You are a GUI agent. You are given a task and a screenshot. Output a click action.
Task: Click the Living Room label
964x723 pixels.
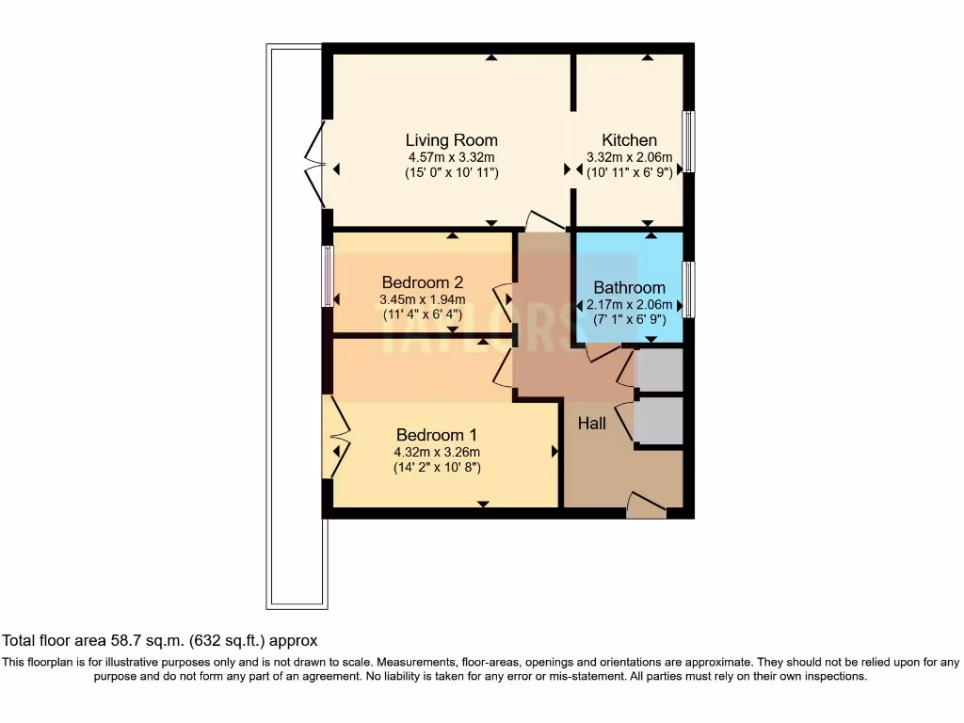click(451, 140)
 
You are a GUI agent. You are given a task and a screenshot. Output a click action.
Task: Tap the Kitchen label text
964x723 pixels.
click(629, 140)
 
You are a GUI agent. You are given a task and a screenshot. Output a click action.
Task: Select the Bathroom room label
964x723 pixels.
click(629, 288)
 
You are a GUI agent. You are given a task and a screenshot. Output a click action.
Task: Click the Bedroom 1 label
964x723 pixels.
click(437, 435)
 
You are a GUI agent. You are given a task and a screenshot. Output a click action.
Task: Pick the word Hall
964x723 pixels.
click(592, 424)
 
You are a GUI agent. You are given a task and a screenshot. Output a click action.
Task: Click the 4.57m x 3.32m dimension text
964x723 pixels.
click(451, 157)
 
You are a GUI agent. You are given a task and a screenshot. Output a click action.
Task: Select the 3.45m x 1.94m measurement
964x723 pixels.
click(423, 299)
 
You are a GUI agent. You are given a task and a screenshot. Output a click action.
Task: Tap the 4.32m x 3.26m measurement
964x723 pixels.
click(437, 452)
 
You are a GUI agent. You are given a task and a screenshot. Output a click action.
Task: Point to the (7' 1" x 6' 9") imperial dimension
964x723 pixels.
click(629, 320)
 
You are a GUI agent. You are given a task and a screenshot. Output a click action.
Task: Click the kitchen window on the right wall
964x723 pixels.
click(689, 141)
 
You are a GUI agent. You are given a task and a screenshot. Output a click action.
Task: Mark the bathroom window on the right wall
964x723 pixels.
click(689, 290)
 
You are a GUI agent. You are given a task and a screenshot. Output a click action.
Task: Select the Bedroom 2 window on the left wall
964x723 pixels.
click(328, 276)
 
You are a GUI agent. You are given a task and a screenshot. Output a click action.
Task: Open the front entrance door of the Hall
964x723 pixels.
click(646, 506)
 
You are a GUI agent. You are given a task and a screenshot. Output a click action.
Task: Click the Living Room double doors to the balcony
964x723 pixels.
click(316, 165)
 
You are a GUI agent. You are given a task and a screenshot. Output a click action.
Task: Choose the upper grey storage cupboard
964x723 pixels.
click(660, 369)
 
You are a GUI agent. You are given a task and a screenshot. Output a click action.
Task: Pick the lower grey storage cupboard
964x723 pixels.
click(660, 420)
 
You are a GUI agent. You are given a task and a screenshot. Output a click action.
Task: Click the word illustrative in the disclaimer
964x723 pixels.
click(145, 662)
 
